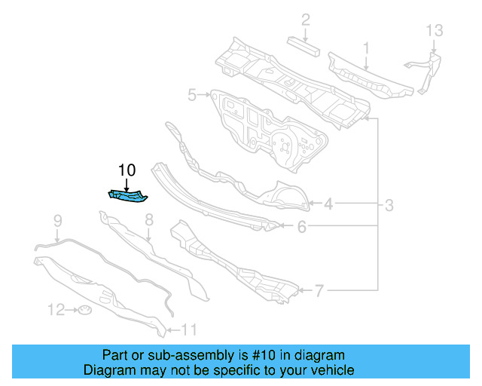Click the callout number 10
tap(126, 170)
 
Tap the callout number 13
tap(435, 31)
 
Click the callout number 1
tap(366, 48)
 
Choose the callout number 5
tap(192, 95)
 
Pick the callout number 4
tap(329, 203)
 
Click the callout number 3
tap(389, 204)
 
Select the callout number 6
tap(300, 225)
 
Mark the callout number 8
tap(148, 220)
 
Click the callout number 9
tap(56, 220)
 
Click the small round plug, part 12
tap(85, 311)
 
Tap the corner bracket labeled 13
tap(426, 64)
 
